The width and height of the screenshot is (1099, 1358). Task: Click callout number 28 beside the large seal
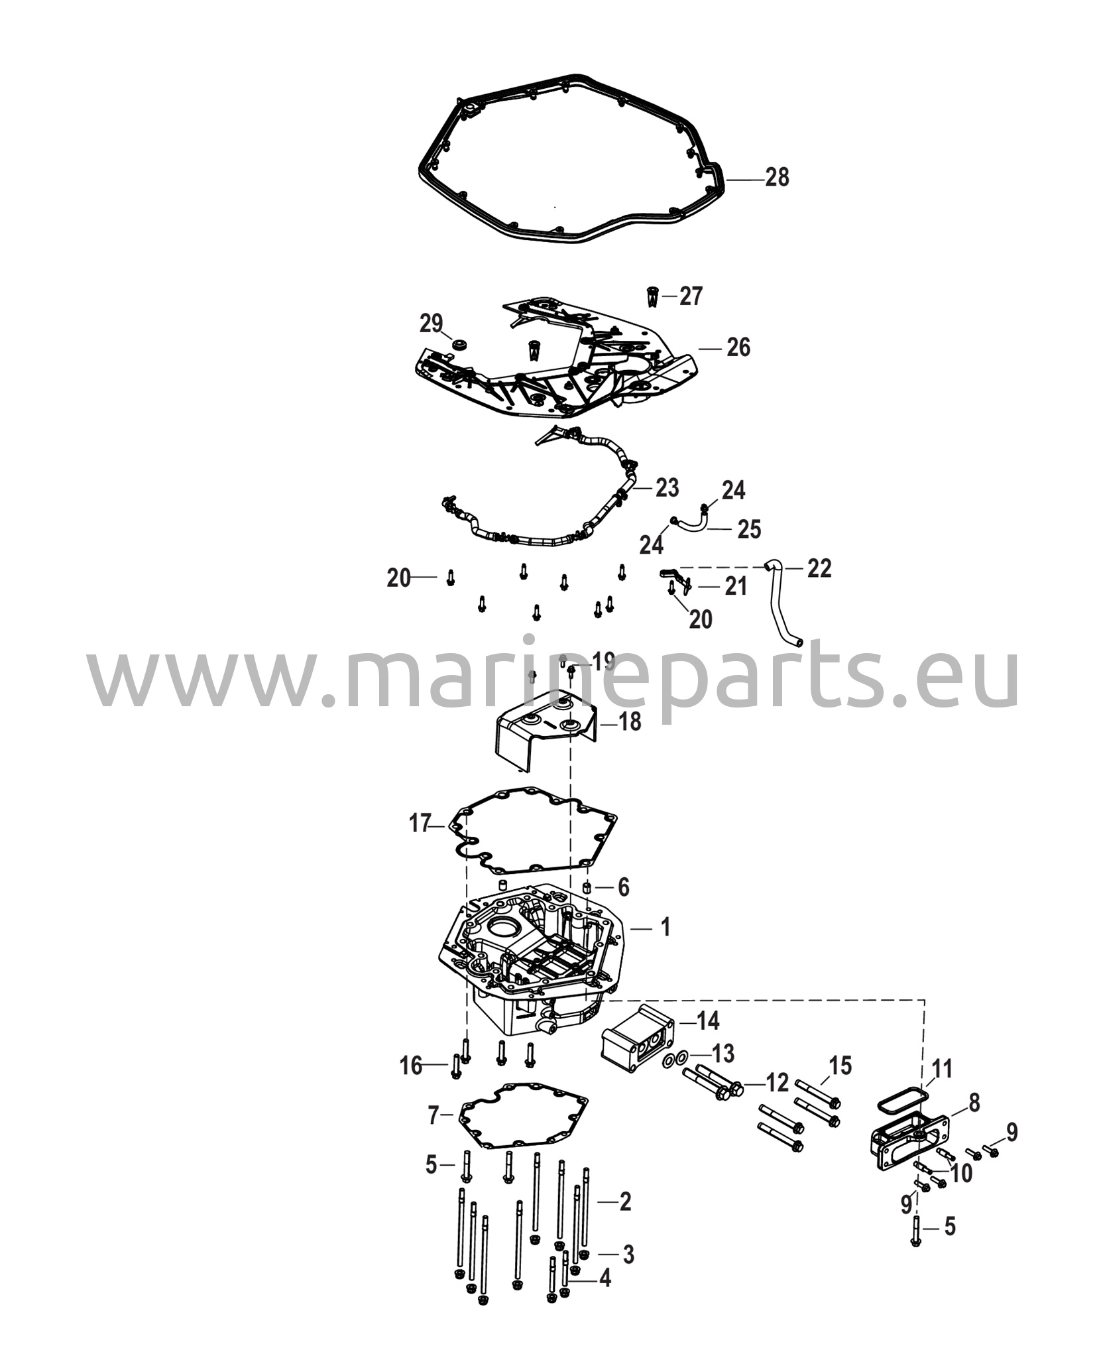(x=777, y=178)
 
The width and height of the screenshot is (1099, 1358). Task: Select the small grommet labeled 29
(x=458, y=345)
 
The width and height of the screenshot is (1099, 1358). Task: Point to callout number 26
(x=738, y=347)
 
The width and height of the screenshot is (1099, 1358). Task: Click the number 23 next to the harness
(x=667, y=488)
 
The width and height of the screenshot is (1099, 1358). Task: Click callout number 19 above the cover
(x=603, y=662)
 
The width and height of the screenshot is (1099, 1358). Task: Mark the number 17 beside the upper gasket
(x=420, y=824)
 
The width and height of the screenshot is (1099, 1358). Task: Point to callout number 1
(x=664, y=927)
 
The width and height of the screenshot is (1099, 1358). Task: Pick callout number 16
(x=411, y=1066)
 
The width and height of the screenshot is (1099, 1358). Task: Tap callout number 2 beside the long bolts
(x=624, y=1202)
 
